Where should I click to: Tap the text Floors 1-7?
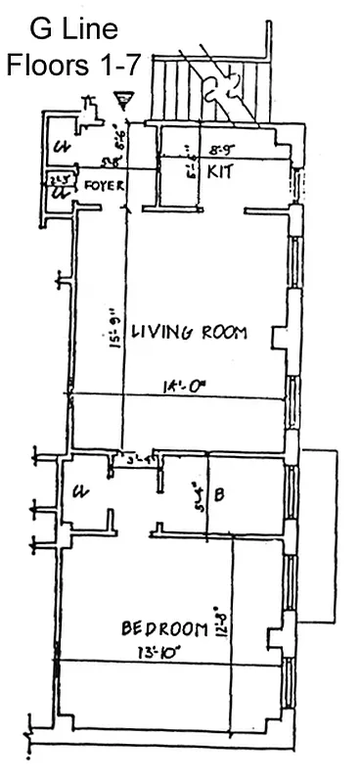[x=74, y=66]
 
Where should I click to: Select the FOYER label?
[x=101, y=183]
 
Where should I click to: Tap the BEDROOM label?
[x=164, y=627]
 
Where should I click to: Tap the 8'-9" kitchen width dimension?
[x=222, y=151]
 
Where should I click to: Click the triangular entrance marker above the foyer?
[x=123, y=97]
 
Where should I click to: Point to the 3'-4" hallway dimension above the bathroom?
[x=136, y=456]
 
